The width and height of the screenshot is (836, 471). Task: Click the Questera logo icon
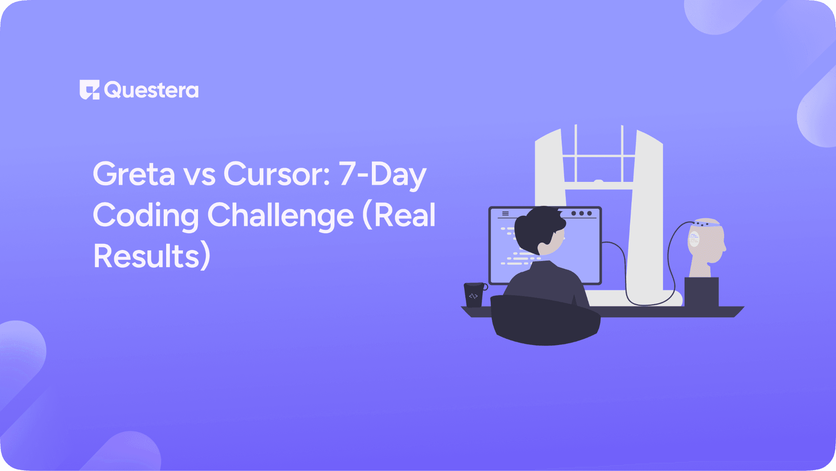click(89, 90)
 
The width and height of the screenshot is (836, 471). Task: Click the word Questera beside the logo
click(151, 90)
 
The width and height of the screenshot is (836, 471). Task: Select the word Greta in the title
click(134, 174)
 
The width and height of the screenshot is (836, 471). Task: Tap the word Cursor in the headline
click(277, 174)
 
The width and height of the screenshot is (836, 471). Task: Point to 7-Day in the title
click(382, 174)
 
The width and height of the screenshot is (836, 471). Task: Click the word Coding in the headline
click(146, 216)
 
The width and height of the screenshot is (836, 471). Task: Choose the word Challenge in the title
click(280, 216)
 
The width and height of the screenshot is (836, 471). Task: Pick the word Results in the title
click(146, 257)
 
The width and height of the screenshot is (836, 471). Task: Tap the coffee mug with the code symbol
click(474, 295)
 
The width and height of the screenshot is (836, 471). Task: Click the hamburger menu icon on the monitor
click(505, 214)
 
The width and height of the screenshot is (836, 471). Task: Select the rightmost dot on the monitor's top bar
click(589, 213)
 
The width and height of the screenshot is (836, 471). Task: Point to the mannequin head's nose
click(725, 246)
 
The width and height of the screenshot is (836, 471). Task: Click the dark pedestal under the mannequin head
click(701, 292)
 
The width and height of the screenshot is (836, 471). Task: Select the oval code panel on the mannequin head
click(694, 239)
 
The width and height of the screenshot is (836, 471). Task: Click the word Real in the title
click(405, 216)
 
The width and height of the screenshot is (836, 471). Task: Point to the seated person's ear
click(543, 247)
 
